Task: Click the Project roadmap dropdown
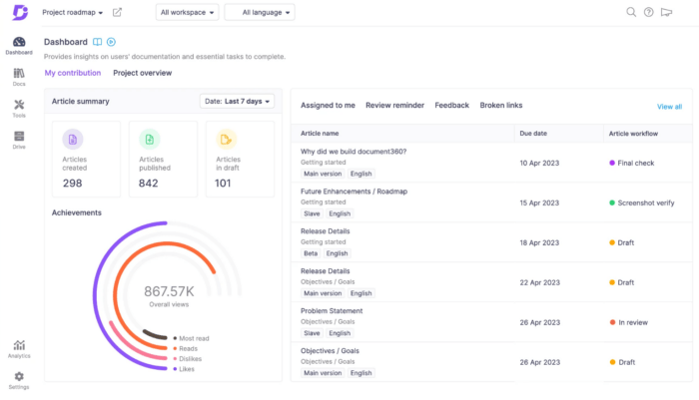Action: pyautogui.click(x=72, y=12)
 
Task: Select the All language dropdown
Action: pyautogui.click(x=260, y=12)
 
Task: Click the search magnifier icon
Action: pyautogui.click(x=630, y=12)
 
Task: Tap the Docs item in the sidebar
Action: pyautogui.click(x=19, y=77)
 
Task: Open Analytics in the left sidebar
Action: pyautogui.click(x=19, y=347)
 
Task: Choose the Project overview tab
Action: pyautogui.click(x=142, y=73)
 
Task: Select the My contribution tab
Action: pyautogui.click(x=72, y=73)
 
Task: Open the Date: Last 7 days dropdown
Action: pyautogui.click(x=238, y=101)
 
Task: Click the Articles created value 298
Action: pyautogui.click(x=72, y=183)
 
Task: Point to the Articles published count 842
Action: pyautogui.click(x=148, y=183)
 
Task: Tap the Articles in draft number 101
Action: pyautogui.click(x=223, y=183)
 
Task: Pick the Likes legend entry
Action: pyautogui.click(x=186, y=368)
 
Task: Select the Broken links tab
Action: pyautogui.click(x=500, y=105)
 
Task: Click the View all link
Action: pyautogui.click(x=669, y=107)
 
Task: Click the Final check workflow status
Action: pyautogui.click(x=635, y=162)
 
